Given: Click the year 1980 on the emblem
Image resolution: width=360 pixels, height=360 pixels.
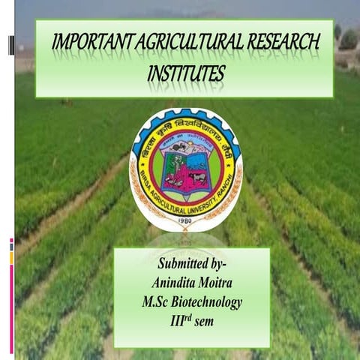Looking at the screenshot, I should pyautogui.click(x=185, y=223).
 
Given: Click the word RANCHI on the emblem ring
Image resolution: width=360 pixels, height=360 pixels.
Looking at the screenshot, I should pyautogui.click(x=231, y=177).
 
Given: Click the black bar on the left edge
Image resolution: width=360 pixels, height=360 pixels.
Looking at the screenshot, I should pyautogui.click(x=10, y=45).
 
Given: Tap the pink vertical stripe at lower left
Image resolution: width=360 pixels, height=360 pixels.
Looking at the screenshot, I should pyautogui.click(x=11, y=300).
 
